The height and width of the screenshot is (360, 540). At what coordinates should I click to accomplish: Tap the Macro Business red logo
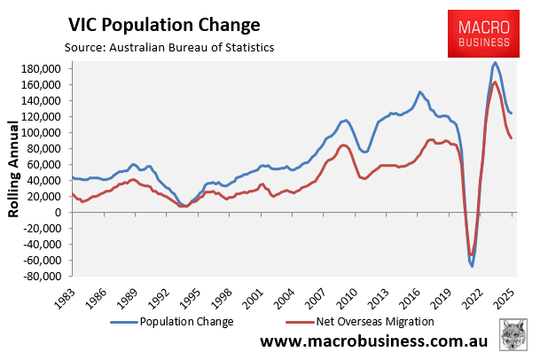[x=483, y=34]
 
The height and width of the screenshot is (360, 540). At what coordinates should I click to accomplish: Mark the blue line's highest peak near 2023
[x=494, y=62]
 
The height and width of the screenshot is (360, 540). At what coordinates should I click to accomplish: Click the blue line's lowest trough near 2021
[x=473, y=266]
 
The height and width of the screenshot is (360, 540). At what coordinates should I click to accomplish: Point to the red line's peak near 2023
[x=494, y=82]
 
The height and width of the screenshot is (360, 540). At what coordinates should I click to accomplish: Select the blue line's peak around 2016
[x=419, y=91]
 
